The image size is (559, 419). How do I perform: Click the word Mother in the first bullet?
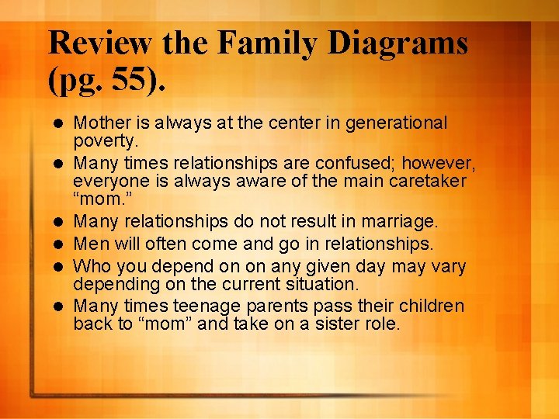coord(103,123)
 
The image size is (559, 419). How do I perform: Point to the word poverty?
coord(105,141)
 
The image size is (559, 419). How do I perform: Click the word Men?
coord(89,244)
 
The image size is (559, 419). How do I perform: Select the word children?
coord(430,306)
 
